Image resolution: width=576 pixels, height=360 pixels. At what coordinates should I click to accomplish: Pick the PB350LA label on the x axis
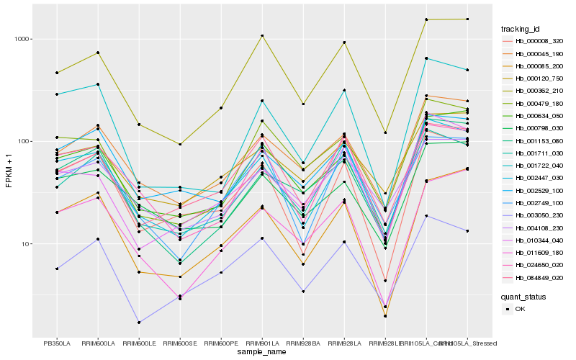pos(57,343)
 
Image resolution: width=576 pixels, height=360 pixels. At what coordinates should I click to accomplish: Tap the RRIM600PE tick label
pos(221,343)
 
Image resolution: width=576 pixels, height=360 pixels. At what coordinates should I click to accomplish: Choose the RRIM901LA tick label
pos(262,343)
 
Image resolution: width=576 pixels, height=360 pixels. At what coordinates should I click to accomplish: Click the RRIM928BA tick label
pos(303,343)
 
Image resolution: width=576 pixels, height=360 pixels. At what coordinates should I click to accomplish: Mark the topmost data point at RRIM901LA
pos(262,35)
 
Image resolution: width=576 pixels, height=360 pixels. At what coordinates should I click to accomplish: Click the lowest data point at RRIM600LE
pos(139,323)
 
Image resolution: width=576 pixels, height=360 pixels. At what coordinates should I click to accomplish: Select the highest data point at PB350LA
pos(57,73)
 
